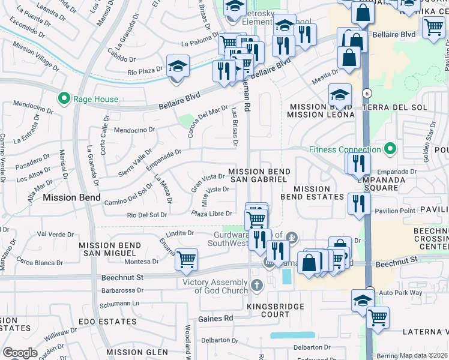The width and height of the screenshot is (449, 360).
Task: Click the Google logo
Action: point(20,352)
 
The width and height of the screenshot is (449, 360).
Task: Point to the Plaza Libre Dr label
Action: point(212,214)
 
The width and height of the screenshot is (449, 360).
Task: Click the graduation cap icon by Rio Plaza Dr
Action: point(178,66)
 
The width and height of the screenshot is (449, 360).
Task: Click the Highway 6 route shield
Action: point(366,93)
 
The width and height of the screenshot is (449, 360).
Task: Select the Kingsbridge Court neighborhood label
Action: point(268,310)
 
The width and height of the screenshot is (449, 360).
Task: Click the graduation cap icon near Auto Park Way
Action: point(363,299)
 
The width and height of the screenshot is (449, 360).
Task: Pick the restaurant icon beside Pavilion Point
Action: point(359,203)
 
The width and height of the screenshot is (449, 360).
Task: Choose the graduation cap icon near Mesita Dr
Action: point(340,95)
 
